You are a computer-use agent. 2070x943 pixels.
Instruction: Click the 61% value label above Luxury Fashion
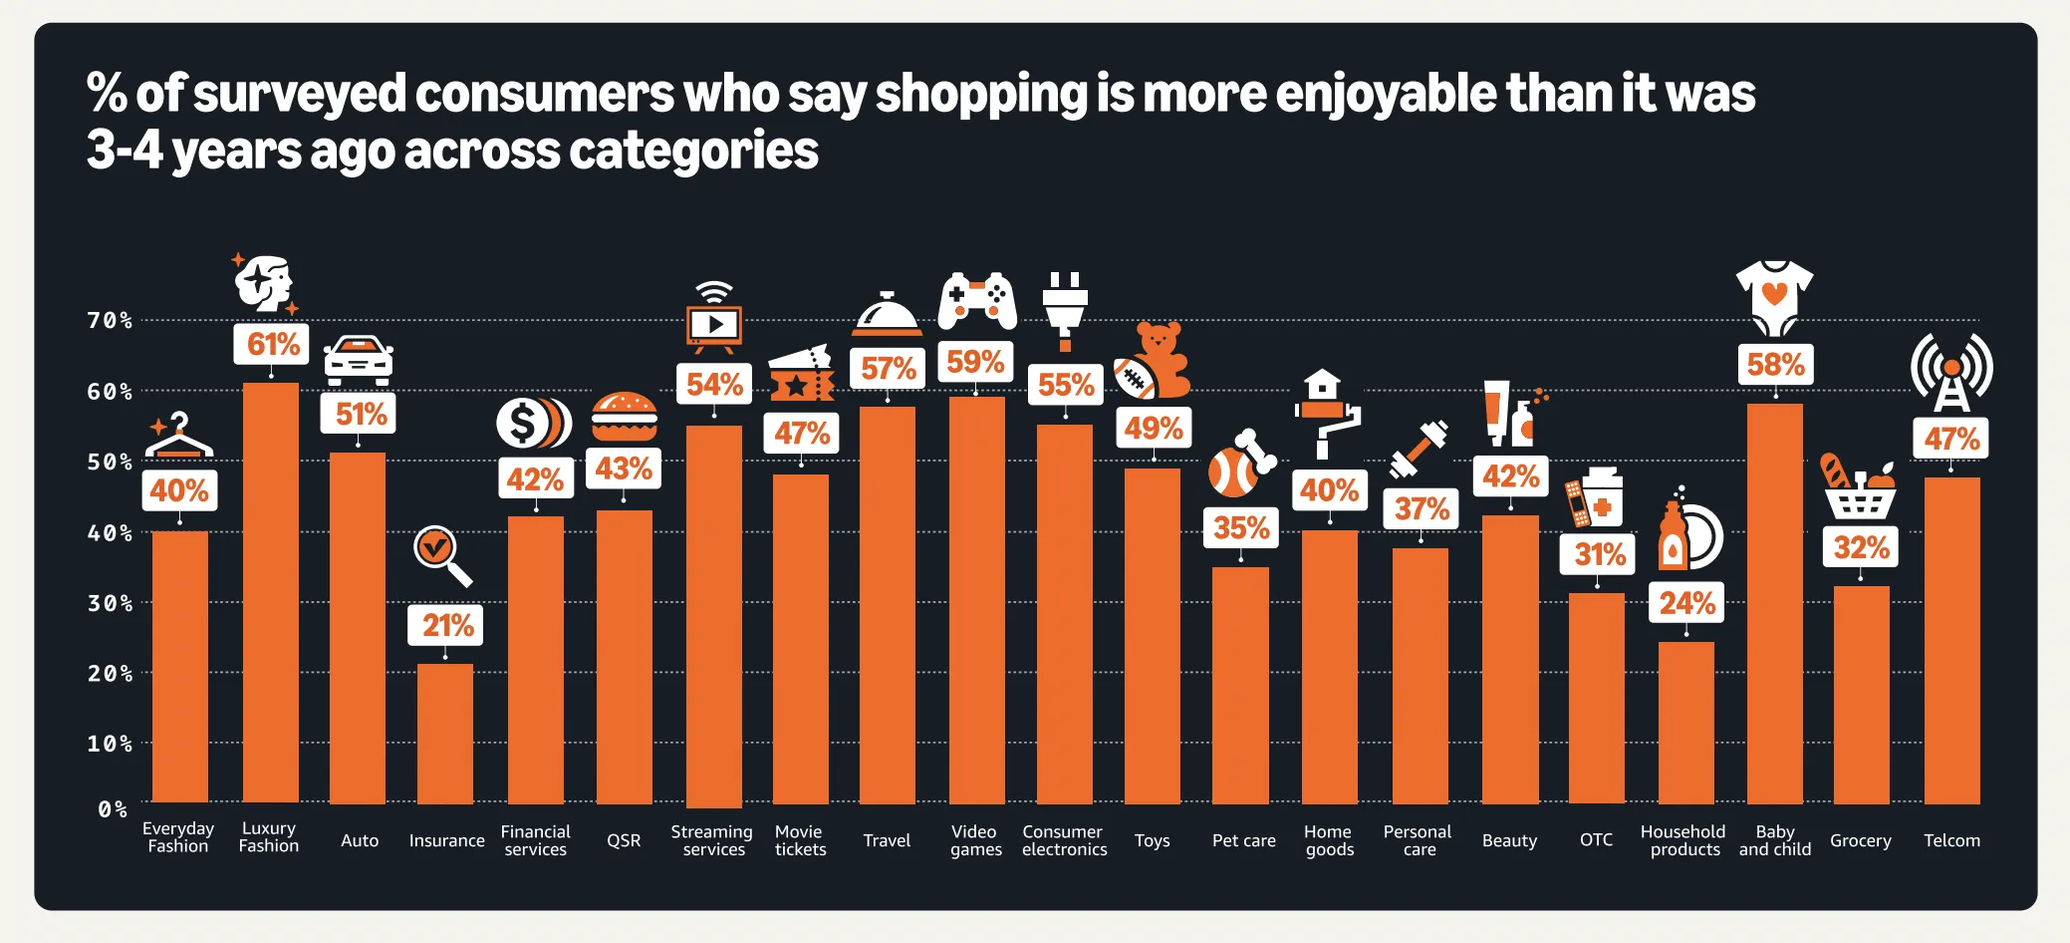click(272, 344)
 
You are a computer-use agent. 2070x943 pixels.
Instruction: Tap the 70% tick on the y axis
click(110, 320)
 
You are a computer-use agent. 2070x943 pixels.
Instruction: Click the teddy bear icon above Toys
click(1154, 361)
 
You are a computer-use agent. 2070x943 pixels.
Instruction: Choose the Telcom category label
click(1951, 840)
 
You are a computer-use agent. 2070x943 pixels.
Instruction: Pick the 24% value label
click(1686, 603)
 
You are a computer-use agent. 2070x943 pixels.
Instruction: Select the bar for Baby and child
click(1774, 603)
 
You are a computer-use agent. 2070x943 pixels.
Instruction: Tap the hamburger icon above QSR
click(624, 417)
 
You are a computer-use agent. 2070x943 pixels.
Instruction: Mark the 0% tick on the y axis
click(113, 808)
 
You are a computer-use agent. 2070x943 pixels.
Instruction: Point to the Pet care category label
click(1243, 840)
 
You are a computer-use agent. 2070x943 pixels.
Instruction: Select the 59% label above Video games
click(975, 361)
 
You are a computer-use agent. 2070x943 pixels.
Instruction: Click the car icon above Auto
click(359, 361)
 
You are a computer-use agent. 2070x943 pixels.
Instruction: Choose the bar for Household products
click(1685, 723)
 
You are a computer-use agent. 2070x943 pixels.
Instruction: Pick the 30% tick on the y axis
click(110, 603)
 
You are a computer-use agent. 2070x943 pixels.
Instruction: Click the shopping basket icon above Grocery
click(1859, 488)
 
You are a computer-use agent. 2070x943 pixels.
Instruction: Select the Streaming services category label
click(712, 840)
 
